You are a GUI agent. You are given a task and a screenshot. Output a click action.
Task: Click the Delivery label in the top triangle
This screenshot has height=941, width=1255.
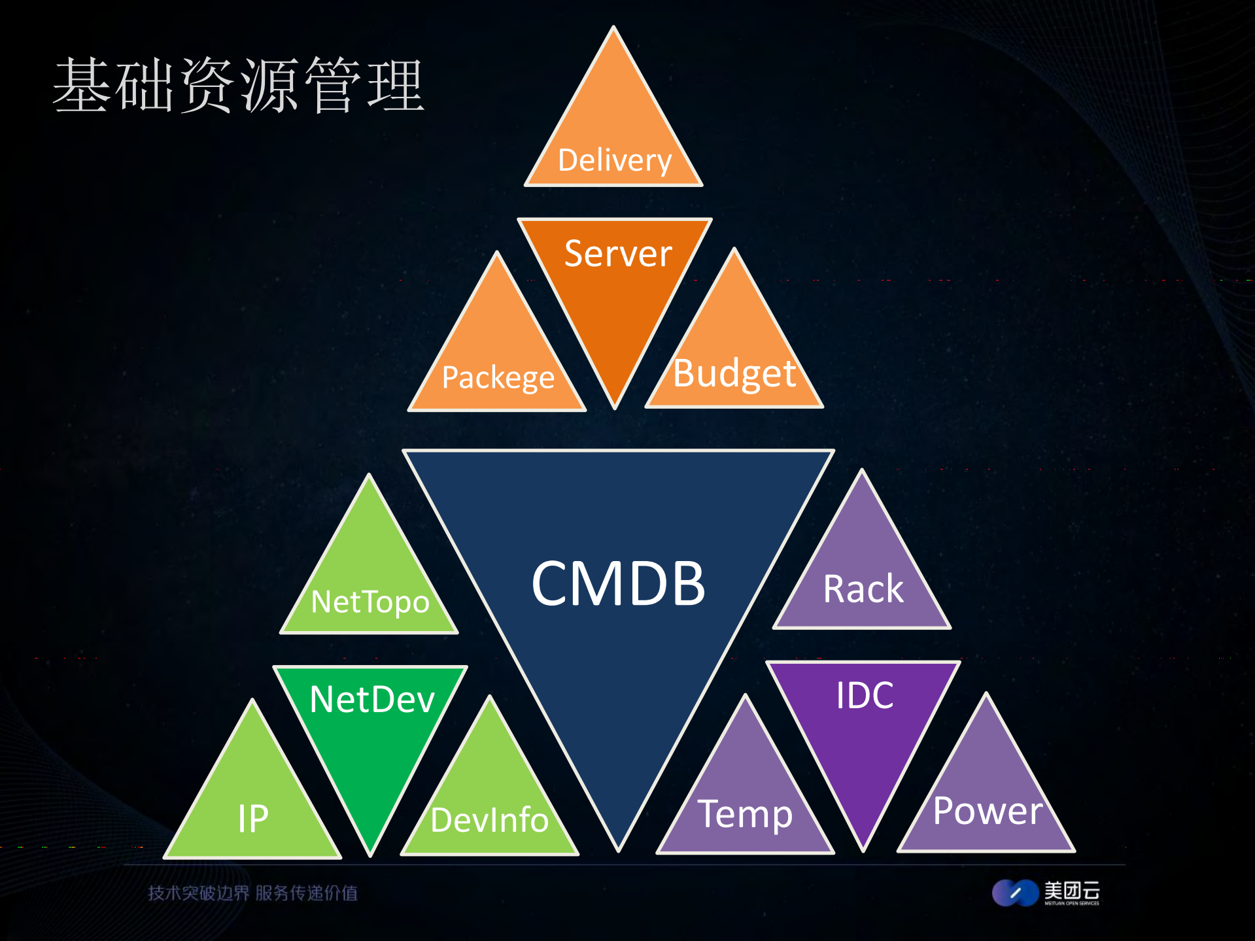pyautogui.click(x=615, y=160)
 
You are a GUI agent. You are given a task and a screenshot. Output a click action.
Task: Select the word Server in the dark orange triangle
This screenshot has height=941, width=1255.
pyautogui.click(x=618, y=254)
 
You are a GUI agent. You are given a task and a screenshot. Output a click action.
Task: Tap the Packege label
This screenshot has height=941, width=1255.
pyautogui.click(x=498, y=377)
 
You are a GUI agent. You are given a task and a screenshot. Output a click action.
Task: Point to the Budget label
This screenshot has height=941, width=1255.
pyautogui.click(x=734, y=373)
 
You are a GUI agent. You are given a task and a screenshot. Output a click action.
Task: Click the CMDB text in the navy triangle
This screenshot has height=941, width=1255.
pyautogui.click(x=618, y=583)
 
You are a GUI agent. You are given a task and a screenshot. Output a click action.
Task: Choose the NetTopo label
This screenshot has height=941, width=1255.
pyautogui.click(x=370, y=602)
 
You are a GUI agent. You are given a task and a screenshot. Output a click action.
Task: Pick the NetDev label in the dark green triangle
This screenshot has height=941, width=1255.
pyautogui.click(x=372, y=699)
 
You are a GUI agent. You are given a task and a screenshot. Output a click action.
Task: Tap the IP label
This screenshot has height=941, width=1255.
pyautogui.click(x=253, y=818)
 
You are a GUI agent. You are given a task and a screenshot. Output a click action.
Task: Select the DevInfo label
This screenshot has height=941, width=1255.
pyautogui.click(x=489, y=820)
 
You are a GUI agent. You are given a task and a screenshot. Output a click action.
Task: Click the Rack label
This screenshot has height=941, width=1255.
pyautogui.click(x=863, y=589)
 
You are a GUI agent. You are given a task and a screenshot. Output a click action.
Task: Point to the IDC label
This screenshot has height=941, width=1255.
pyautogui.click(x=865, y=694)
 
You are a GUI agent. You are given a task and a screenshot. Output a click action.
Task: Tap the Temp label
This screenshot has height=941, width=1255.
pyautogui.click(x=746, y=814)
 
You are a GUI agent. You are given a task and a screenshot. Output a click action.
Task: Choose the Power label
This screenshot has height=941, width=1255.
pyautogui.click(x=988, y=811)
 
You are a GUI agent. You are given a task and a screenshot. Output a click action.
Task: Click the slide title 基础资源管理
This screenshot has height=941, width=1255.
pyautogui.click(x=239, y=85)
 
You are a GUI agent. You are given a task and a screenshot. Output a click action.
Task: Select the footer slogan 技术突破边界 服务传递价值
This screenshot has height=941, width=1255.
pyautogui.click(x=252, y=893)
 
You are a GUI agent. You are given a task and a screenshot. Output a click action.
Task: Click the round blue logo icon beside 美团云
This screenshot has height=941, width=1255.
pyautogui.click(x=1015, y=893)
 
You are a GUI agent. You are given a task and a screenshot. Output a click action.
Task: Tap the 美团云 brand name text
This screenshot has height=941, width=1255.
pyautogui.click(x=1071, y=890)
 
